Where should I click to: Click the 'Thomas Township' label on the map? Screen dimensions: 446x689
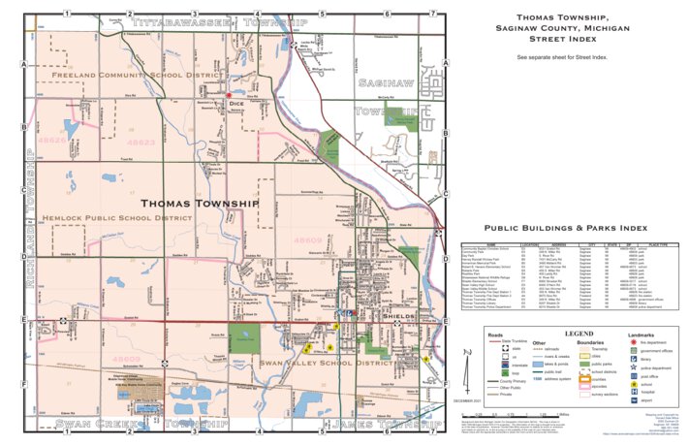(200, 205)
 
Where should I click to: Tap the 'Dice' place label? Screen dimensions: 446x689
(236, 100)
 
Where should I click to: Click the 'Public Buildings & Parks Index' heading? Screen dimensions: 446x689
(565, 229)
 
